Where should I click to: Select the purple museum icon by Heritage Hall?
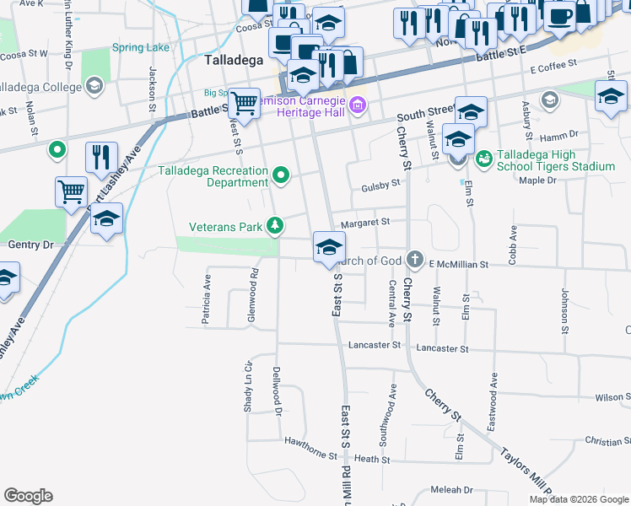pos(358,105)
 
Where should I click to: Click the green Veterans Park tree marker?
pos(274,225)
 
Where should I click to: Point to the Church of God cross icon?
pos(413,260)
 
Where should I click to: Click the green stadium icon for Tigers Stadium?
pos(483,158)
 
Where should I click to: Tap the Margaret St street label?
pos(364,223)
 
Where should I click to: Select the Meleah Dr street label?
pos(451,490)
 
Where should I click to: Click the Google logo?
pos(28,496)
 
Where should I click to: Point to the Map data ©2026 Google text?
pos(578,499)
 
